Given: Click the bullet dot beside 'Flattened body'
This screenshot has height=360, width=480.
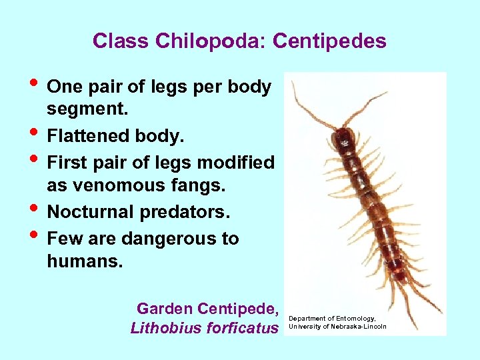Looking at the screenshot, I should (36, 135).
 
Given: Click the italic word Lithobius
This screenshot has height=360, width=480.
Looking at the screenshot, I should (164, 328).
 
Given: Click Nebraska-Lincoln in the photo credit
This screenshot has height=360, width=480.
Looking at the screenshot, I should (359, 326).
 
